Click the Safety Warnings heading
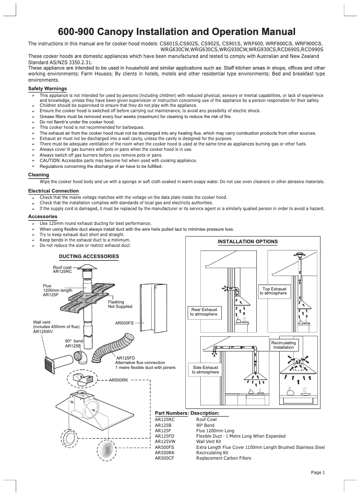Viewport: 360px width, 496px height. pyautogui.click(x=48, y=88)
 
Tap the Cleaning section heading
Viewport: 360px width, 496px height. pyautogui.click(x=39, y=174)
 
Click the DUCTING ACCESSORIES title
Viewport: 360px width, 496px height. pyautogui.click(x=89, y=256)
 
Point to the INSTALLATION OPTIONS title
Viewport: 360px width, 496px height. pyautogui.click(x=247, y=241)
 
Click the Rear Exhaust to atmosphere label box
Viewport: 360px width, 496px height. pyautogui.click(x=204, y=312)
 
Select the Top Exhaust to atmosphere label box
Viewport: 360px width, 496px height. pyautogui.click(x=274, y=290)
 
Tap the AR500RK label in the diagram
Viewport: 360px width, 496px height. pyautogui.click(x=119, y=380)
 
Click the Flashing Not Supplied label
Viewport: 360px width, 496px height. pyautogui.click(x=120, y=304)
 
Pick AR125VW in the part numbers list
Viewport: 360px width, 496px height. pyautogui.click(x=165, y=441)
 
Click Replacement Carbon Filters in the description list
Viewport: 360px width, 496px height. pyautogui.click(x=224, y=458)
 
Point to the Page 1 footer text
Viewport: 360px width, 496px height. pyautogui.click(x=318, y=472)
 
